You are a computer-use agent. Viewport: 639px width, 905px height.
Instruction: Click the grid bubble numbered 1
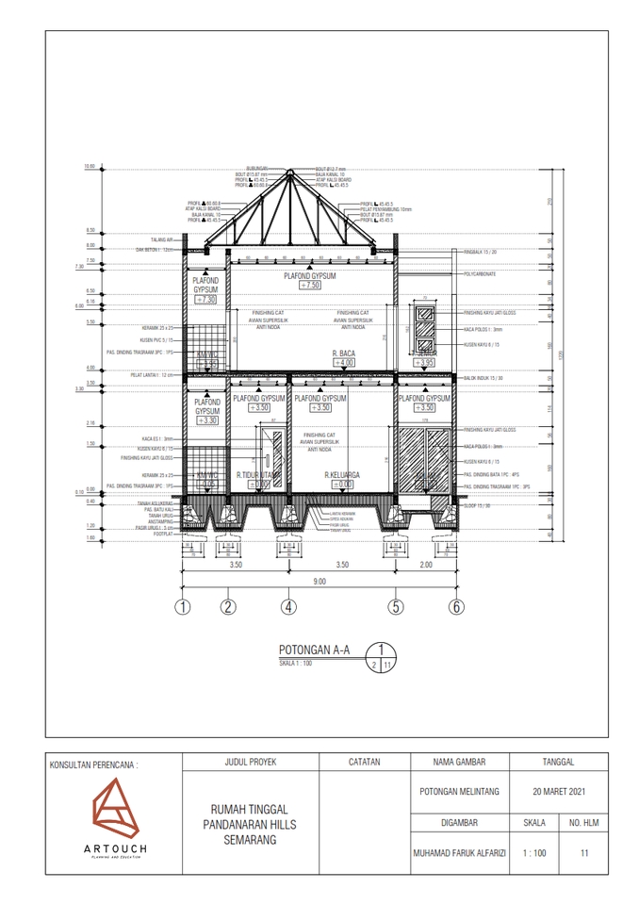coord(183,606)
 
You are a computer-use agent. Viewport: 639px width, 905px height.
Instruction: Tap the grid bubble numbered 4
coord(288,606)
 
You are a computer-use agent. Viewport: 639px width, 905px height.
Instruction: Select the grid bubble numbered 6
coord(456,606)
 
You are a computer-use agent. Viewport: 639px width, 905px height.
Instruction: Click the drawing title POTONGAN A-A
coord(314,650)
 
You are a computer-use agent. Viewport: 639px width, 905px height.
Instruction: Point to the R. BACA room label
coord(342,353)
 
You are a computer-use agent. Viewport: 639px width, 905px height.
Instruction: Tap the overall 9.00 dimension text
coord(319,583)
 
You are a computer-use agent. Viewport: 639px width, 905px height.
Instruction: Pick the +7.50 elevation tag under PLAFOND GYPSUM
coord(311,284)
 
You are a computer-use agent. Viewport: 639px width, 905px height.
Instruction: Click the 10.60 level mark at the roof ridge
coord(90,167)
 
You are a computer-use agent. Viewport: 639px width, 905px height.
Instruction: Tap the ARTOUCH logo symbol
coord(112,809)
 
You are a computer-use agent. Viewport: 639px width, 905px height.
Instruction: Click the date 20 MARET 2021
coord(559,791)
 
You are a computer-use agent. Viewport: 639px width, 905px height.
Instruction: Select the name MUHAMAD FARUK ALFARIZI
coord(459,853)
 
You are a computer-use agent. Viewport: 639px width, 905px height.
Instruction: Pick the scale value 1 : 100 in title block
coord(534,853)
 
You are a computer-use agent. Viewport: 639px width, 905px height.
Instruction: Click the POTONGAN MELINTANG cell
coord(459,791)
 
